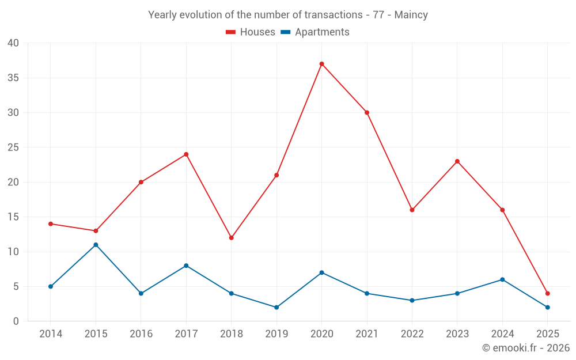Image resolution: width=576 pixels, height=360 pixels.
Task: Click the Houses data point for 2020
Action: click(x=321, y=64)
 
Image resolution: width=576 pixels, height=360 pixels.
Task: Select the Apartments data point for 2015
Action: click(x=96, y=245)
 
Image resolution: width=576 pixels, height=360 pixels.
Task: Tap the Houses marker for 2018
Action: click(x=231, y=238)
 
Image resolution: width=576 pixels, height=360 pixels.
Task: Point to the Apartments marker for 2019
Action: click(x=276, y=308)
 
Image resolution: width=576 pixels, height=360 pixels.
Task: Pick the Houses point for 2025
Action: click(x=547, y=294)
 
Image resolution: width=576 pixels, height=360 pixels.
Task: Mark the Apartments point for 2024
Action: click(x=502, y=280)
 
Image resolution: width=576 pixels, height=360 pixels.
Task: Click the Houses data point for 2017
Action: click(x=186, y=154)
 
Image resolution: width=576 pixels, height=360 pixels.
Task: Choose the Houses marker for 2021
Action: click(x=367, y=112)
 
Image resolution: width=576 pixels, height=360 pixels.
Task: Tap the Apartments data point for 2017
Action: click(x=186, y=266)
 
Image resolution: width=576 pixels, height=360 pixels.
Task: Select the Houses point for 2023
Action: click(x=457, y=161)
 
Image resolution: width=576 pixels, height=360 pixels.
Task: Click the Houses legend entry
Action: click(x=251, y=32)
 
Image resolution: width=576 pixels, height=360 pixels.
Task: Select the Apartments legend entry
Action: click(x=315, y=32)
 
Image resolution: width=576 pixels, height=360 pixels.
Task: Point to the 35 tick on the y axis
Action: click(x=13, y=78)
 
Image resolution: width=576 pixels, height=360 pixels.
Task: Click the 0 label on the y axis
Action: click(x=16, y=321)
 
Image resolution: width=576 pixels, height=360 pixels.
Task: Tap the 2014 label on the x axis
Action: click(x=51, y=334)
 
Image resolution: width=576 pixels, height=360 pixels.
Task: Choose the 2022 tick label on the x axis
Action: click(x=412, y=334)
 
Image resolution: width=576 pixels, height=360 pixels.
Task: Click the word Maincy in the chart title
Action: click(x=411, y=15)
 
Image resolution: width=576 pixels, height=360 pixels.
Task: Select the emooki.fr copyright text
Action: click(x=526, y=348)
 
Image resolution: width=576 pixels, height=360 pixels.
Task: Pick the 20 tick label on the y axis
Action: click(x=13, y=182)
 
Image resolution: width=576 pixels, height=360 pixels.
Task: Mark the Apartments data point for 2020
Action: click(x=321, y=272)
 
